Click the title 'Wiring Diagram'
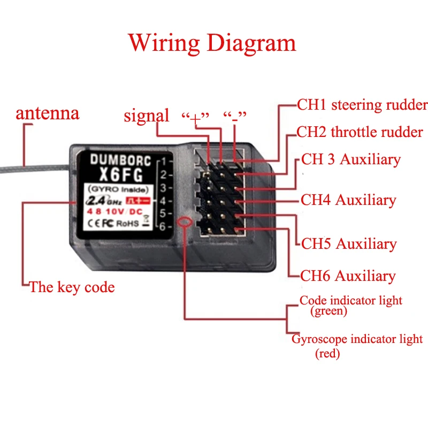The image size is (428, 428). (x=212, y=43)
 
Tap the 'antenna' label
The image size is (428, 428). (x=47, y=113)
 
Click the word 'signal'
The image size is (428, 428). (x=146, y=115)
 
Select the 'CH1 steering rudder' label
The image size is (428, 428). (x=362, y=104)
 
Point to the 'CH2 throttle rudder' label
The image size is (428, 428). (x=360, y=132)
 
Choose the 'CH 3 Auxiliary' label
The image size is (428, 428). (x=350, y=159)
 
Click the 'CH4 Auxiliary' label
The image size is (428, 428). (x=348, y=200)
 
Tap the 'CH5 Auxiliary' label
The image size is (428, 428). (x=348, y=244)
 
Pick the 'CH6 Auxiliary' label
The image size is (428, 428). (x=348, y=276)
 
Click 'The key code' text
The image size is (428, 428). (x=72, y=287)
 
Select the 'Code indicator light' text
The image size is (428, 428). (x=350, y=301)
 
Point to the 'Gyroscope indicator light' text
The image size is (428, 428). (x=357, y=339)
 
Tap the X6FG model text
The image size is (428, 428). (x=117, y=172)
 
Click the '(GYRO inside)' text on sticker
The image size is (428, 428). (x=116, y=189)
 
